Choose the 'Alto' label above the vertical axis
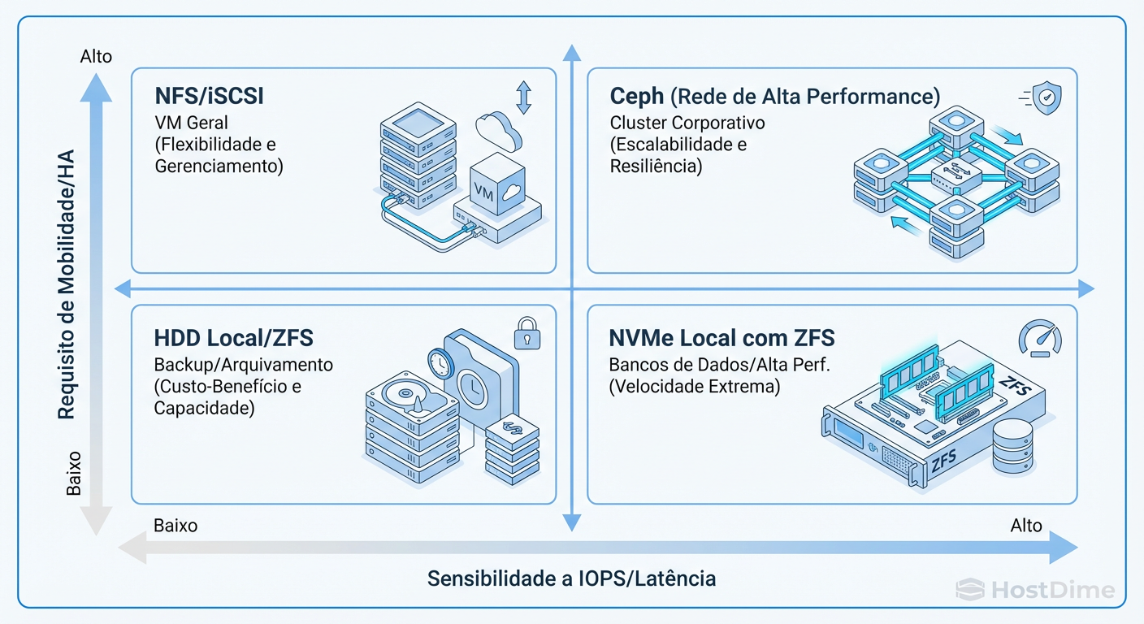(x=96, y=57)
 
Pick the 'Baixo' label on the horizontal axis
(x=175, y=526)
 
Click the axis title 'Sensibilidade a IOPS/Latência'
(x=572, y=578)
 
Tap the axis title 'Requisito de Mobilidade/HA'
(x=67, y=284)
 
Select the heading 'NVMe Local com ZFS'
(x=721, y=338)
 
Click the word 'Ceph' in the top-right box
(x=637, y=97)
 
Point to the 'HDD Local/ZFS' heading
(x=234, y=338)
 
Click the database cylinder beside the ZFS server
(x=1012, y=447)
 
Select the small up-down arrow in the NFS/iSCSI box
(x=523, y=97)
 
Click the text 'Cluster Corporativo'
(x=687, y=123)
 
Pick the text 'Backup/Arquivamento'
(x=244, y=365)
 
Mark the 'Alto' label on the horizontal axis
(x=1026, y=526)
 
